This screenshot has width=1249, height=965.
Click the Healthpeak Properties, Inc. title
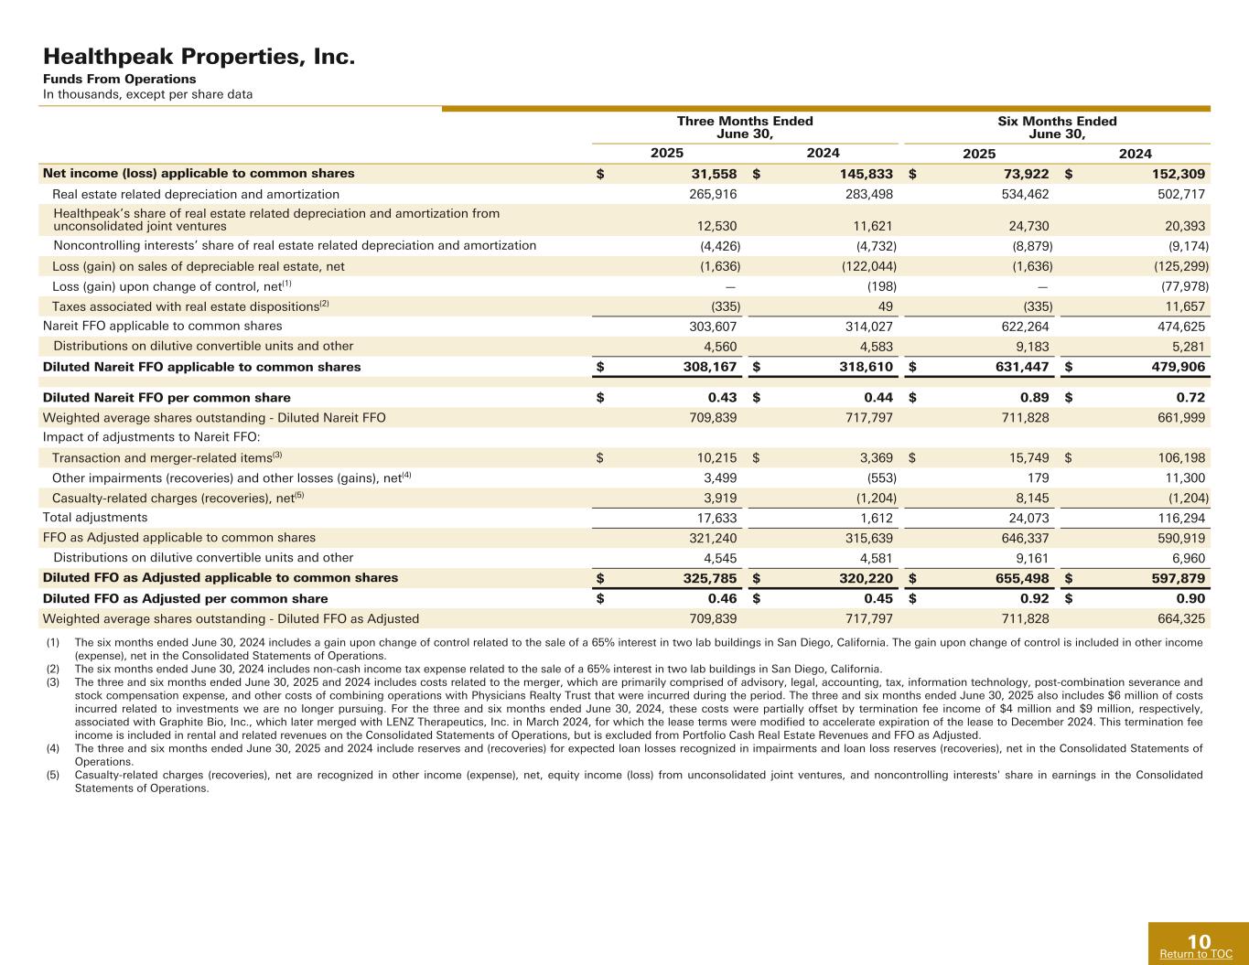199,58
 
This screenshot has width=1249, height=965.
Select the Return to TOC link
1195,954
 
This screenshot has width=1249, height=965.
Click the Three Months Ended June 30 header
745,127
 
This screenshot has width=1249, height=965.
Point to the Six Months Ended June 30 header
1057,127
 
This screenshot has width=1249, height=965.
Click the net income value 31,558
712,174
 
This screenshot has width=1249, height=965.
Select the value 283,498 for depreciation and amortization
867,194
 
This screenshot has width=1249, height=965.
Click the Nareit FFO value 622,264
1024,326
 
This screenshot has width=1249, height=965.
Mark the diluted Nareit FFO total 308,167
711,367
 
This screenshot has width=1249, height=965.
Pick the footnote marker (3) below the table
52,682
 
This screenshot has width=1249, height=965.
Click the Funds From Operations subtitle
119,80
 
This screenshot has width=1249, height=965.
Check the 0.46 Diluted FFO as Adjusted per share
722,599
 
